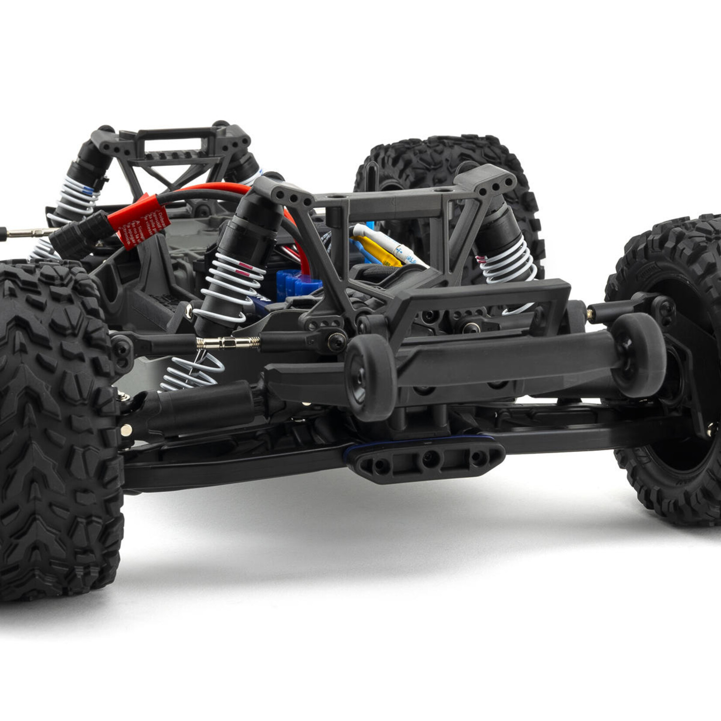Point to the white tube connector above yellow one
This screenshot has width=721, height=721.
coord(388,242)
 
